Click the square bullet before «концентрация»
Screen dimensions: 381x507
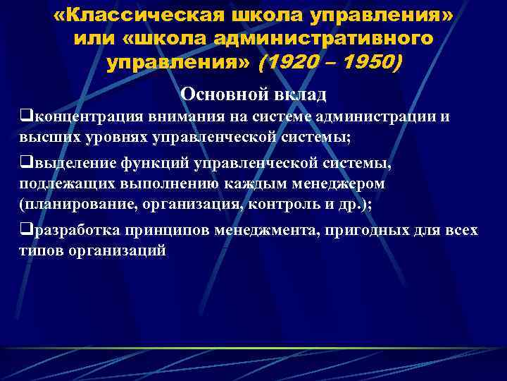click(x=25, y=116)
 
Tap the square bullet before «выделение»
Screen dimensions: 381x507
click(x=25, y=163)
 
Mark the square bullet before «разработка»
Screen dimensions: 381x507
click(x=25, y=231)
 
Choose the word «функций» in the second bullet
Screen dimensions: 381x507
click(x=151, y=163)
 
